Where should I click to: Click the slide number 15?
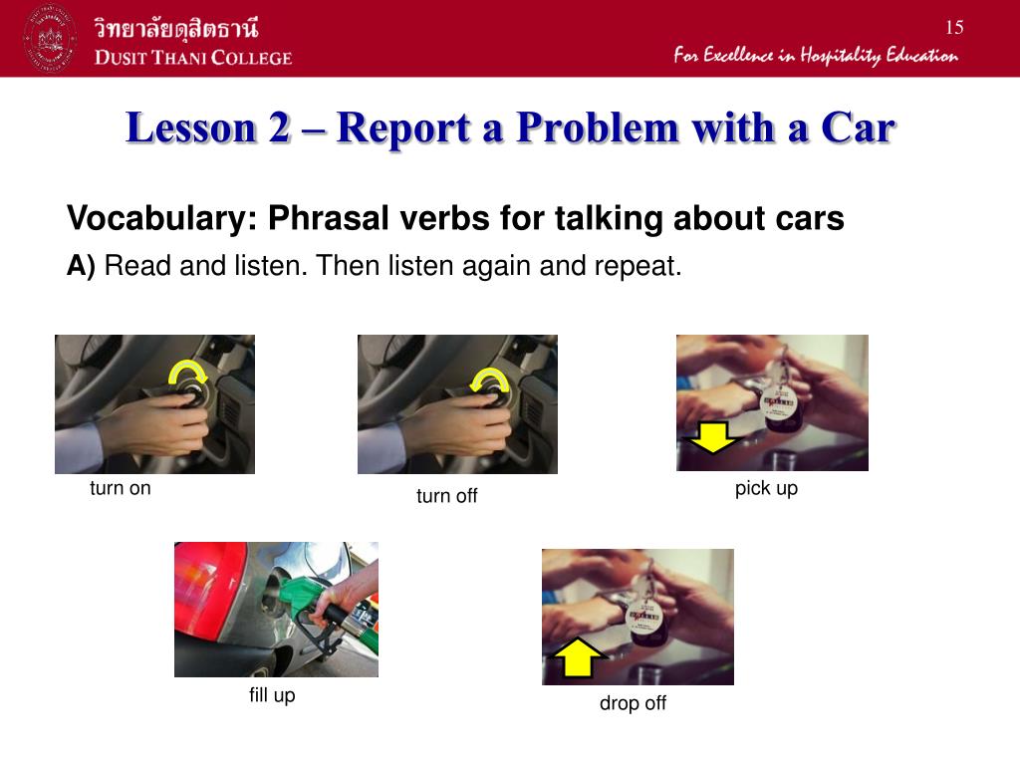click(953, 27)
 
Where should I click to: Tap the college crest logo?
click(51, 39)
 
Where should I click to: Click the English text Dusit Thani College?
click(193, 57)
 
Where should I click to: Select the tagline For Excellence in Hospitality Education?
click(815, 55)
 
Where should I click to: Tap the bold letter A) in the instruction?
click(81, 266)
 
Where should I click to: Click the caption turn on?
click(121, 488)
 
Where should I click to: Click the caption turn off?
click(447, 496)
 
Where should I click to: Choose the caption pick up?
click(766, 488)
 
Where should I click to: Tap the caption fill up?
click(272, 695)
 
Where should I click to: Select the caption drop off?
click(633, 703)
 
